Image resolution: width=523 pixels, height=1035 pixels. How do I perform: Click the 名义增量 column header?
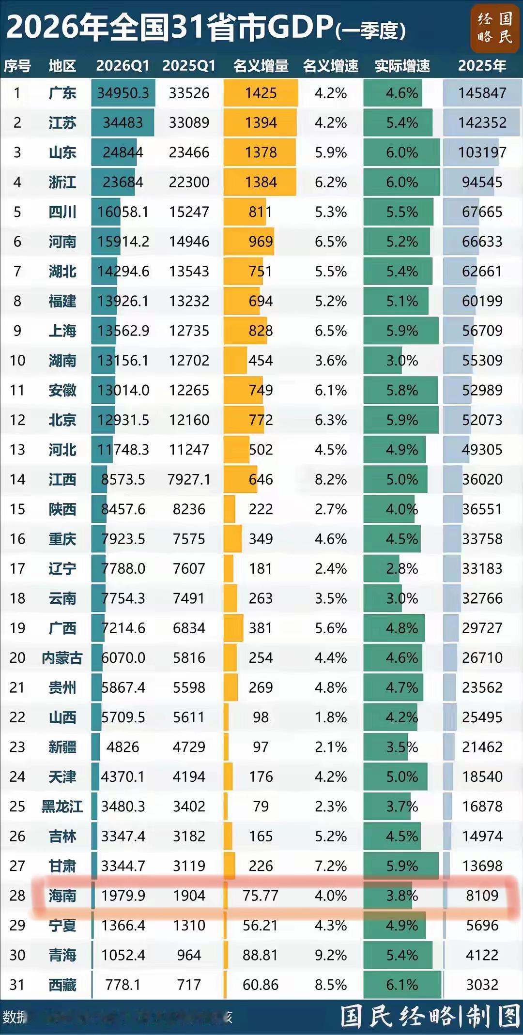click(261, 66)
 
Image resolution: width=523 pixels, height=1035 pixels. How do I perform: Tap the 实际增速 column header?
click(402, 66)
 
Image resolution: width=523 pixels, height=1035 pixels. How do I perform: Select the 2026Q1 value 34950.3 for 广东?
click(123, 93)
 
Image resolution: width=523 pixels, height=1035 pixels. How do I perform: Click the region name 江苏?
click(62, 123)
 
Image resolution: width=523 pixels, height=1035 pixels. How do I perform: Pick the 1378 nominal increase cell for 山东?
click(261, 152)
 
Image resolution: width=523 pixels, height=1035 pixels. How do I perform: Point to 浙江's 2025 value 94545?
click(482, 183)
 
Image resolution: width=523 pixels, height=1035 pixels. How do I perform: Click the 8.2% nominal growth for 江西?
click(331, 480)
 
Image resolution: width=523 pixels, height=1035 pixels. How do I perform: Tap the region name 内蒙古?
click(62, 658)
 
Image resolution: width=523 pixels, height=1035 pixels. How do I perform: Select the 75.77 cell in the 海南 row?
click(261, 896)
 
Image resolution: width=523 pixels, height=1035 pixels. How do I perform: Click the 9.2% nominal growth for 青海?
click(331, 955)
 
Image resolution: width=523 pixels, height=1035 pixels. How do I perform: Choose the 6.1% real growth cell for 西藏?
click(402, 985)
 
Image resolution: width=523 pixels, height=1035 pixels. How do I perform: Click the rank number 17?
click(17, 569)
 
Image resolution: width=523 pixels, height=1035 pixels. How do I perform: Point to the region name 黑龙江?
click(62, 807)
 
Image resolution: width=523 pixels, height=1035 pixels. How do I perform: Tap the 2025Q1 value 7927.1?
click(189, 480)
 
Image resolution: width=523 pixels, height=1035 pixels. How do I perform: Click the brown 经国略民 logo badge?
click(494, 28)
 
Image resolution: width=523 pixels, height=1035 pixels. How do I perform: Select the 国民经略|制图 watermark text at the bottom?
click(430, 1017)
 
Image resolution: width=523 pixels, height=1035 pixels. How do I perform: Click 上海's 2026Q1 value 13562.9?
click(123, 331)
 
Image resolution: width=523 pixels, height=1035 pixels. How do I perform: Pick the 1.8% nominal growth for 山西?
click(331, 717)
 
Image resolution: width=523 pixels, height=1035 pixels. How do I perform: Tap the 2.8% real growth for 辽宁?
click(402, 569)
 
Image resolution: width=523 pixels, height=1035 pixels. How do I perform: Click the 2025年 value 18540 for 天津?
click(482, 777)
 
